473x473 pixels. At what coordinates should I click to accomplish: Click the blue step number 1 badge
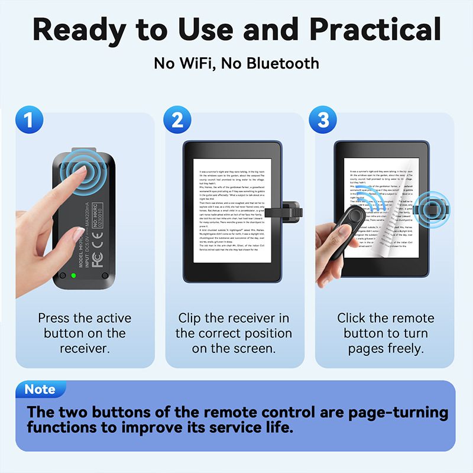pos(28,119)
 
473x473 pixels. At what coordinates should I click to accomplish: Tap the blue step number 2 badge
pos(177,119)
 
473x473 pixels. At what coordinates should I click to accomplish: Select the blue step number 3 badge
pos(323,119)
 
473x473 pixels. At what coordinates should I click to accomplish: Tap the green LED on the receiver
pos(74,275)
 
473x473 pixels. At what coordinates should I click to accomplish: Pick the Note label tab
pos(40,390)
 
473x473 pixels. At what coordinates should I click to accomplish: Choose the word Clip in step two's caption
pos(190,318)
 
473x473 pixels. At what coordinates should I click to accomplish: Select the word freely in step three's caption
pos(404,348)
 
